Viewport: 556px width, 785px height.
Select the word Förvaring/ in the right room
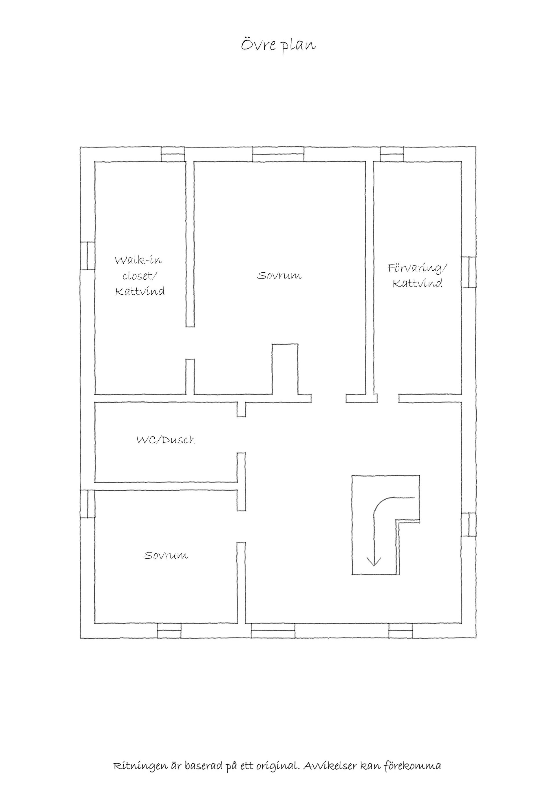tap(417, 268)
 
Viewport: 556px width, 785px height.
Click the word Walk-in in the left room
tap(138, 260)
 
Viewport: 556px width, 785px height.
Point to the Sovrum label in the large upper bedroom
tap(279, 275)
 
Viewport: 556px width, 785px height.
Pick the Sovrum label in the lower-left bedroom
tap(166, 555)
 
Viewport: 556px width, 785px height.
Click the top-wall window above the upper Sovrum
tap(278, 154)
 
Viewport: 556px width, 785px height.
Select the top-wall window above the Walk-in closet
tap(173, 154)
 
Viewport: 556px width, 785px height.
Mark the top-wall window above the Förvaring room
tap(392, 154)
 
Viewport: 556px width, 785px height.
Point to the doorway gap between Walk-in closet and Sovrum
tap(190, 343)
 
